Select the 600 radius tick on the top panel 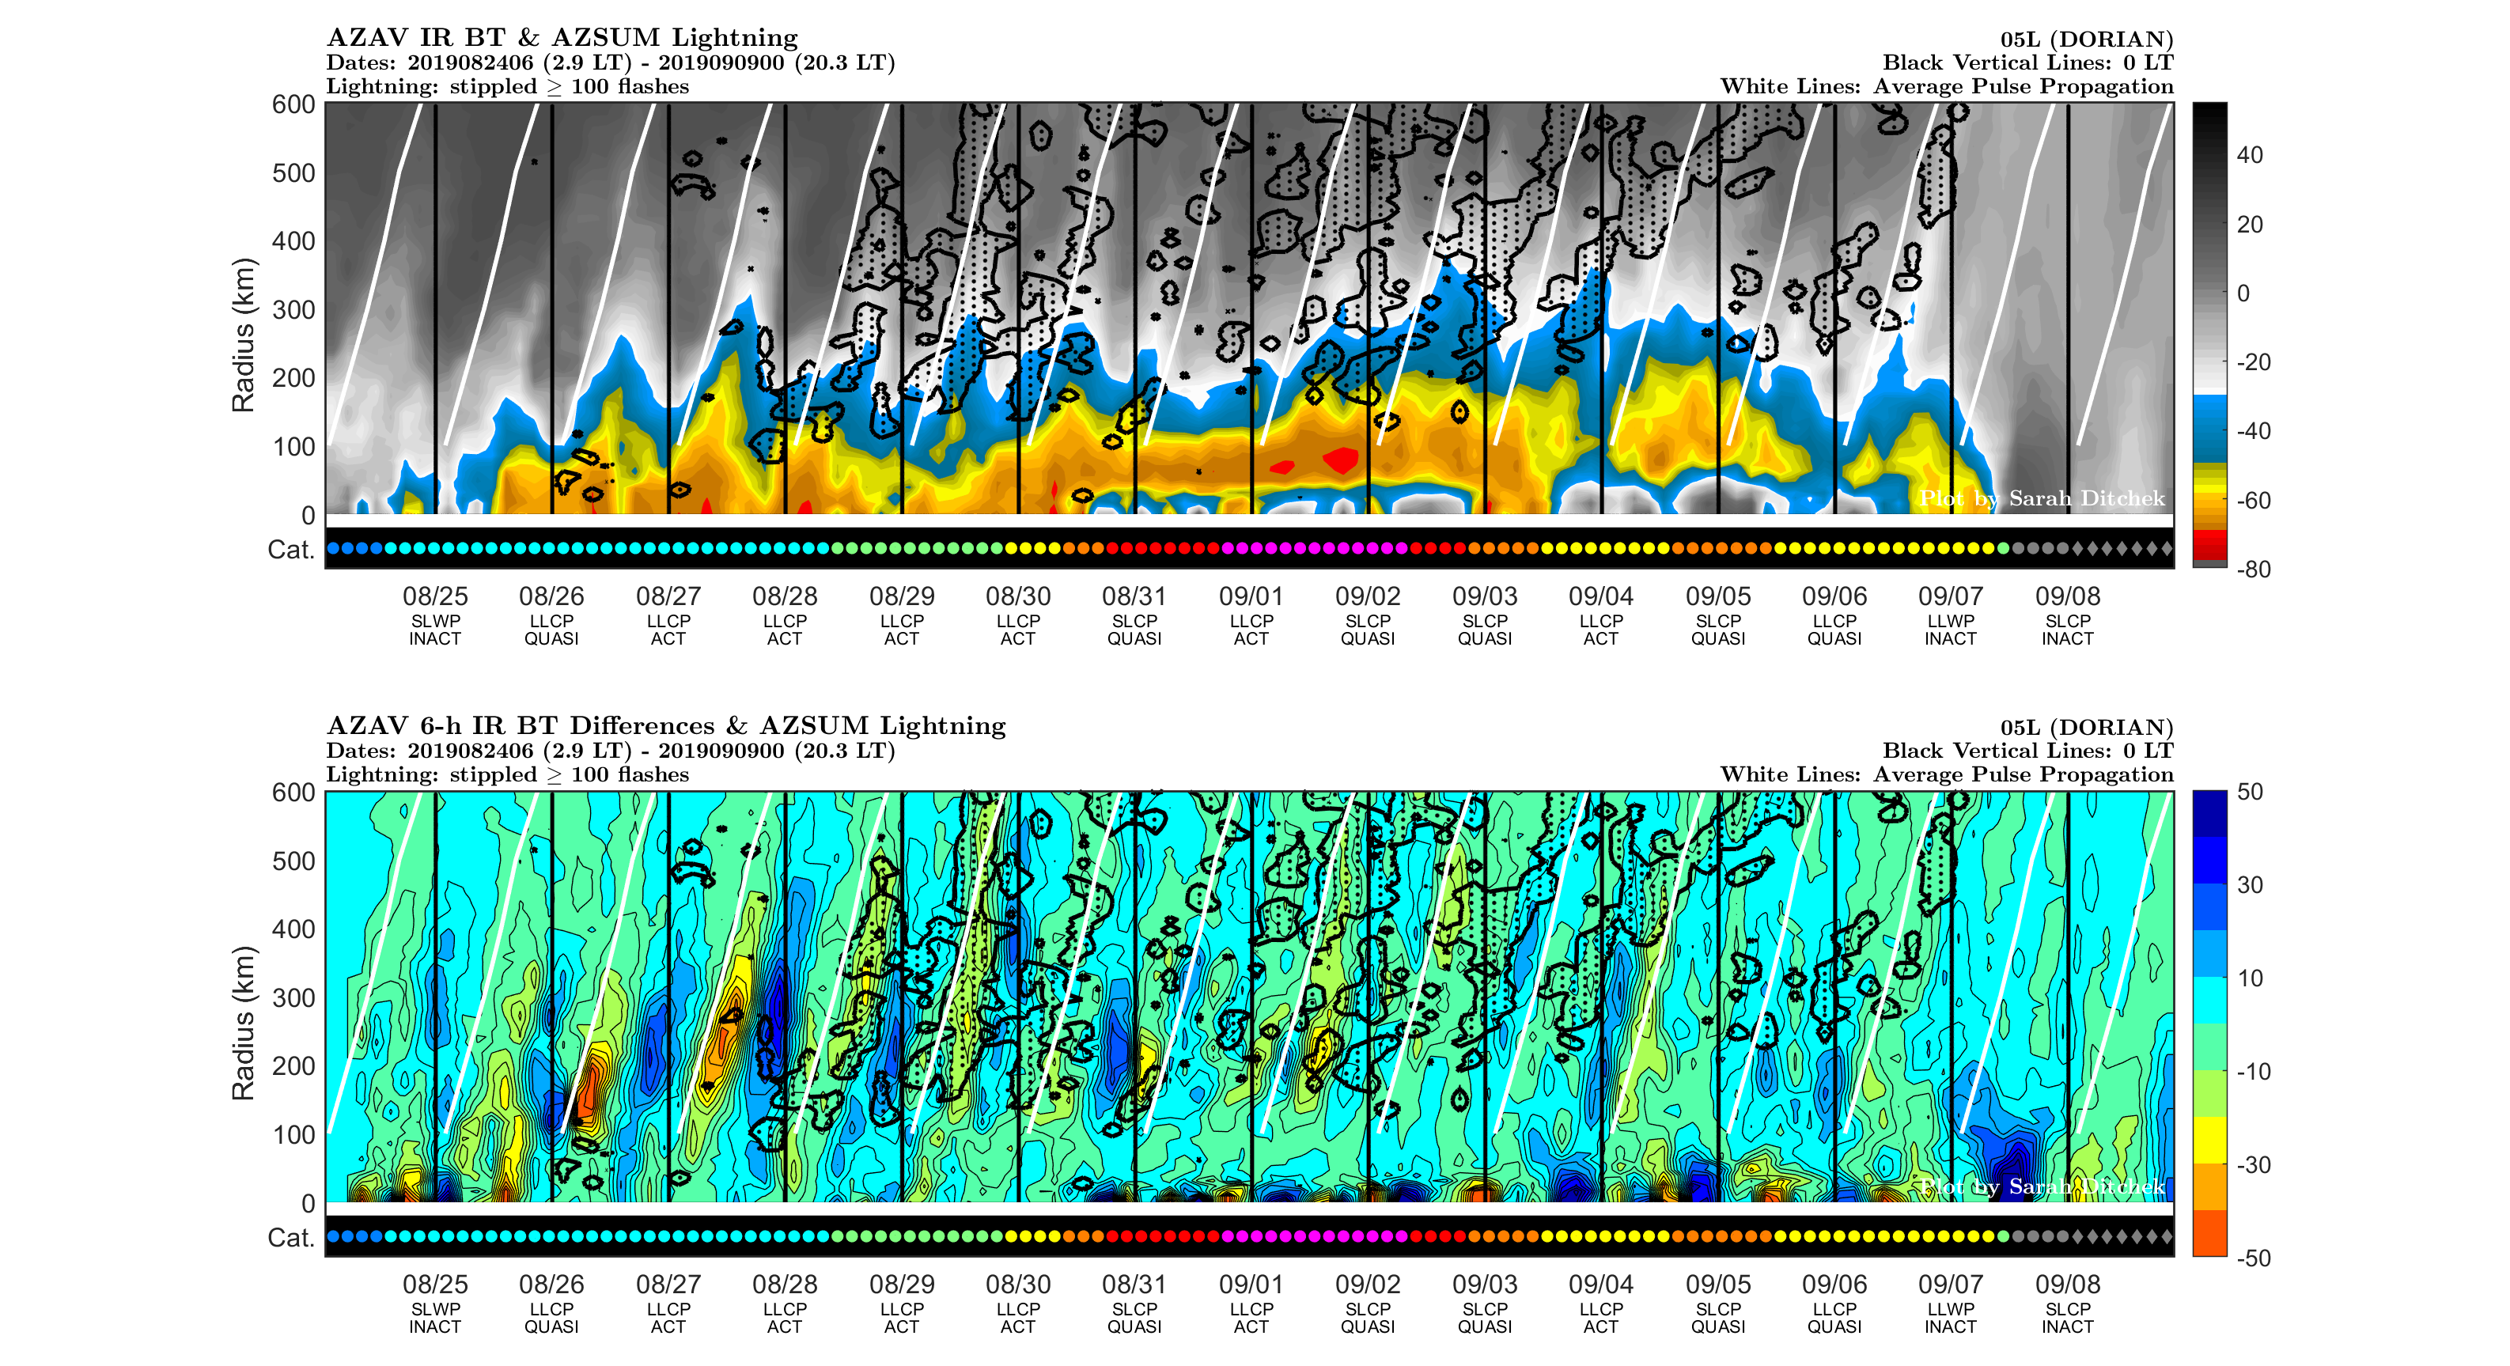[293, 104]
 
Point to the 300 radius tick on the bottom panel [293, 997]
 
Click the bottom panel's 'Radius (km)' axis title [243, 1022]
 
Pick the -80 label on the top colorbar [2253, 569]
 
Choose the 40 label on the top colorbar [2249, 155]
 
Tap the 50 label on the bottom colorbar [2249, 791]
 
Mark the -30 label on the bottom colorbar [2253, 1164]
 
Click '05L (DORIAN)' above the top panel [2086, 39]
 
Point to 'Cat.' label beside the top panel [290, 550]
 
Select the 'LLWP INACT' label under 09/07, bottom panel [1950, 1317]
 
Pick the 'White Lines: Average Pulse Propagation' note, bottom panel [1946, 774]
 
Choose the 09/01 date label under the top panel [1251, 596]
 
